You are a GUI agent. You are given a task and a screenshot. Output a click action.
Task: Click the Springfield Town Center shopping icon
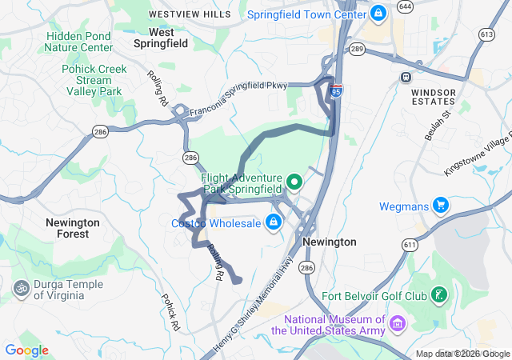378,14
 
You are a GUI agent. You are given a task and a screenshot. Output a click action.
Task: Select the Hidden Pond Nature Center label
79,42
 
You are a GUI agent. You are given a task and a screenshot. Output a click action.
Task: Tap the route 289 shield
357,50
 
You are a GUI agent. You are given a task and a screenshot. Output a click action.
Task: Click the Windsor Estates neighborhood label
433,98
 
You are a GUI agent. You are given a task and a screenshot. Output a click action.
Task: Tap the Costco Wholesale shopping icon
274,222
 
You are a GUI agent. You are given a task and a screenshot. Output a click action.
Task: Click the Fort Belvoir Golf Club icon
438,295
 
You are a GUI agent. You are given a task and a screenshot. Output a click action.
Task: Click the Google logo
26,350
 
